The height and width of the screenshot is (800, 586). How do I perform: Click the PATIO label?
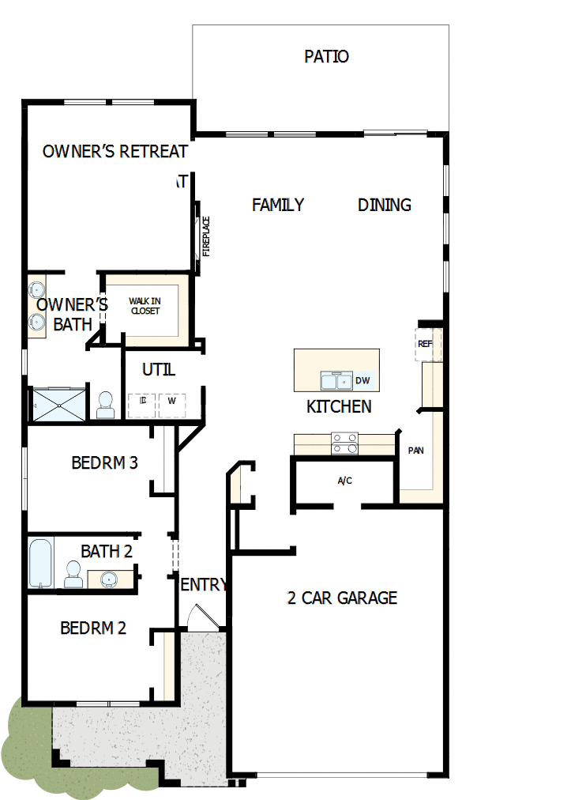tap(326, 57)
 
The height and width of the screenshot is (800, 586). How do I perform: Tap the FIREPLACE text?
tap(206, 236)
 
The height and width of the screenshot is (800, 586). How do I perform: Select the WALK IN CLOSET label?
tap(145, 306)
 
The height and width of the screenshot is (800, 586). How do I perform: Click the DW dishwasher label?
tap(362, 381)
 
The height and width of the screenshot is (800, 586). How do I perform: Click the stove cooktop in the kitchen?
tap(344, 443)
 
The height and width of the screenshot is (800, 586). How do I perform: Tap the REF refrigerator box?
tap(425, 344)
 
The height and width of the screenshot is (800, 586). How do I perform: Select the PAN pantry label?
tap(415, 451)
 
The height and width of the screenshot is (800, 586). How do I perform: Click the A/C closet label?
tap(345, 480)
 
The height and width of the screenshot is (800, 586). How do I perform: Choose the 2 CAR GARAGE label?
tap(342, 598)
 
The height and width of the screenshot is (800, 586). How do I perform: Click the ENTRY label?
tap(204, 585)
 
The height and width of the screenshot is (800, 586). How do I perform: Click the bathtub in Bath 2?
tap(39, 563)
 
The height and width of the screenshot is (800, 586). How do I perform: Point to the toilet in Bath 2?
tap(73, 574)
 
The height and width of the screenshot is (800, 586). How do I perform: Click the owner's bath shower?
tap(57, 406)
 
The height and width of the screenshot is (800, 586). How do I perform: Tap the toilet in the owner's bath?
tap(105, 405)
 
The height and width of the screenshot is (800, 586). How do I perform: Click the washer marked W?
tap(171, 401)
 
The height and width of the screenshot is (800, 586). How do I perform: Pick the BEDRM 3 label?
tap(104, 462)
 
